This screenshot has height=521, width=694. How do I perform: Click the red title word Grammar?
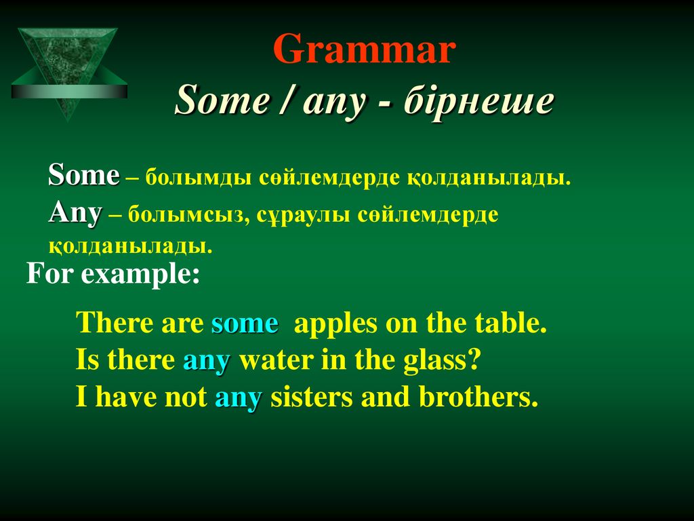click(x=364, y=48)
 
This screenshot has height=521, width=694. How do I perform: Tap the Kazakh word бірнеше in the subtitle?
click(x=478, y=100)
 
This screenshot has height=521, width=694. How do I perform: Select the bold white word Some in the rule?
click(x=84, y=175)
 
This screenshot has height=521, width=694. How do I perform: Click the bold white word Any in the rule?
click(x=76, y=214)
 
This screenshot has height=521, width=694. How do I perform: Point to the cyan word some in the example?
click(x=245, y=324)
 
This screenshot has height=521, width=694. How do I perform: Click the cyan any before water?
click(x=207, y=361)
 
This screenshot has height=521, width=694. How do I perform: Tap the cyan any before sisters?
click(x=239, y=398)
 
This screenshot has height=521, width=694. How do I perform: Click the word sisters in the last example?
click(x=312, y=396)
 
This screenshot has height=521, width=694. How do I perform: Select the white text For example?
click(x=113, y=274)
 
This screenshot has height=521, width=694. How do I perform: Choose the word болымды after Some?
click(x=199, y=178)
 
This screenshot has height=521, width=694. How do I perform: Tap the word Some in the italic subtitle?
click(x=222, y=100)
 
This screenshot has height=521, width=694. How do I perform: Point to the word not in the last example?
click(x=186, y=396)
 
